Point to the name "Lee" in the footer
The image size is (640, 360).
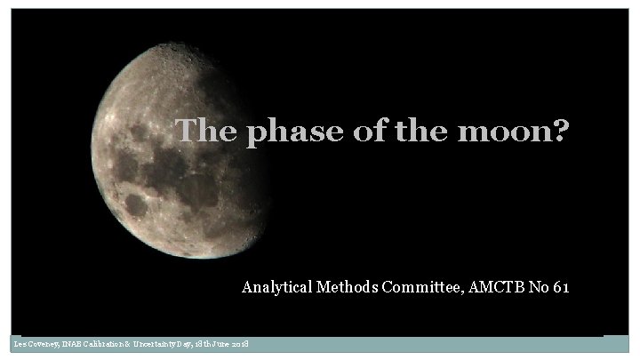coord(19,344)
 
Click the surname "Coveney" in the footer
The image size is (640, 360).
coord(44,344)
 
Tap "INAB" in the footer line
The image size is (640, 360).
coord(75,344)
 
